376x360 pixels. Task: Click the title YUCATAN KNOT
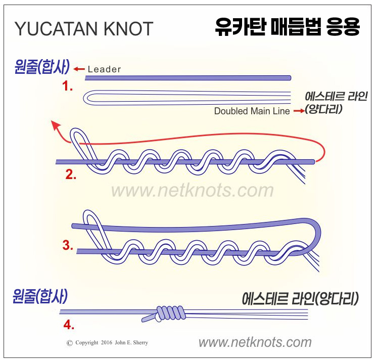(84, 29)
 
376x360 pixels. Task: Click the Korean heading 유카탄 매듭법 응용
(286, 26)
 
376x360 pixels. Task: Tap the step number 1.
(67, 86)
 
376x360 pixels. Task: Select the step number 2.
(71, 175)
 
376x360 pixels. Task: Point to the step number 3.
(68, 245)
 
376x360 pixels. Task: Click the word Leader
(104, 69)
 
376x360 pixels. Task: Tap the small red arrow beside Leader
(78, 69)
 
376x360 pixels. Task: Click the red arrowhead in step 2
(54, 124)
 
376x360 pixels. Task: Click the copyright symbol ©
(70, 343)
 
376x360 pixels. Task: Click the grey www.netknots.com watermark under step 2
(192, 191)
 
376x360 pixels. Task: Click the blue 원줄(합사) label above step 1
(40, 67)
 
